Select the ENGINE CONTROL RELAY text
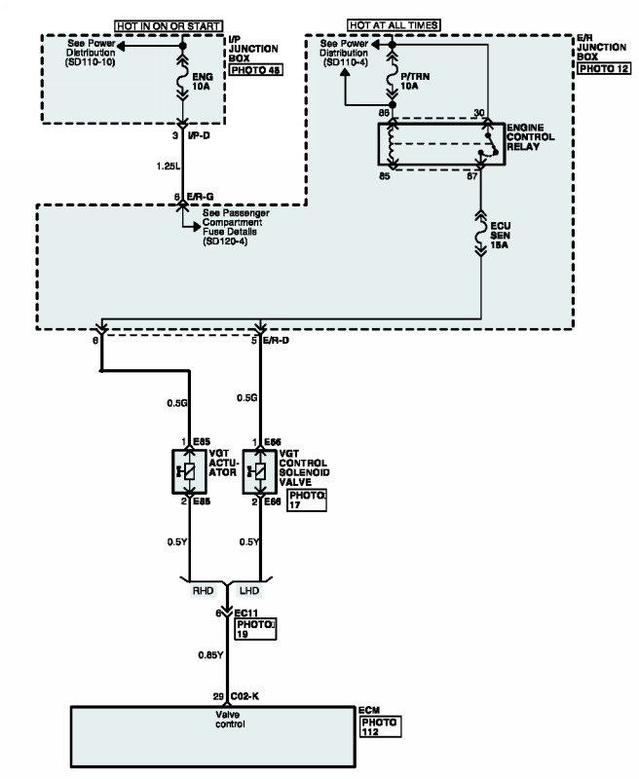pos(532,137)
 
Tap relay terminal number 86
pos(384,114)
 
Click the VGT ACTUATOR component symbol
pos(188,471)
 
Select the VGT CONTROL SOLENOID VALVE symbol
pos(259,471)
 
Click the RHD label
pos(202,590)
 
